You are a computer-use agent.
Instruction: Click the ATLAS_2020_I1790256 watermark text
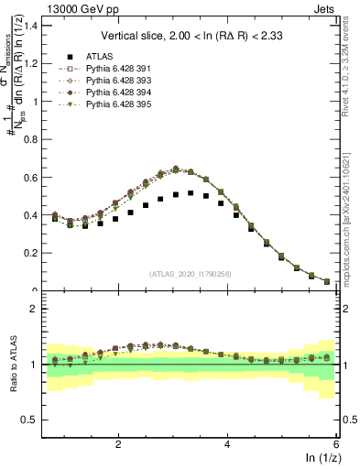pyautogui.click(x=190, y=273)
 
